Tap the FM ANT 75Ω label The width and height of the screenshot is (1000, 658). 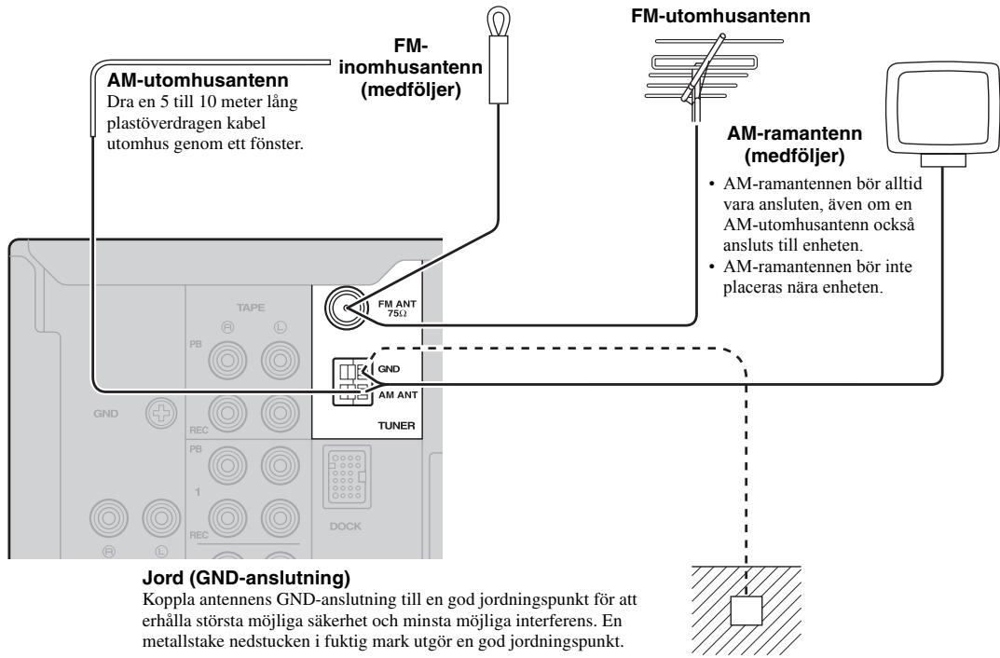[397, 308]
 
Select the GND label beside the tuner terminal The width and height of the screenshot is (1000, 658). [389, 368]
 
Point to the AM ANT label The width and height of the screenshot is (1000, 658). [398, 394]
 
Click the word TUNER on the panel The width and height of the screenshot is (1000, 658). [396, 425]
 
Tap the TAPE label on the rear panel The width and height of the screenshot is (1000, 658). [251, 308]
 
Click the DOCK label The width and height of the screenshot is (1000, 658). [346, 527]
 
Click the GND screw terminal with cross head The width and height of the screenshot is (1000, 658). [161, 413]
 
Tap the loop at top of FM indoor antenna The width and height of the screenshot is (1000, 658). [498, 20]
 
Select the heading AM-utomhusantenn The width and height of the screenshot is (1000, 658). [198, 80]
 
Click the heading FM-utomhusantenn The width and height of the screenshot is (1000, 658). [720, 15]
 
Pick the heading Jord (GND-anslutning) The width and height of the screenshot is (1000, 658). [246, 578]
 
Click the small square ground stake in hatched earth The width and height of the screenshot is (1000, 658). [747, 610]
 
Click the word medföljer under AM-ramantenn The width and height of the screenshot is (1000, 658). [795, 156]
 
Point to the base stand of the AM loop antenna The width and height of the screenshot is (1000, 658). [944, 160]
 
